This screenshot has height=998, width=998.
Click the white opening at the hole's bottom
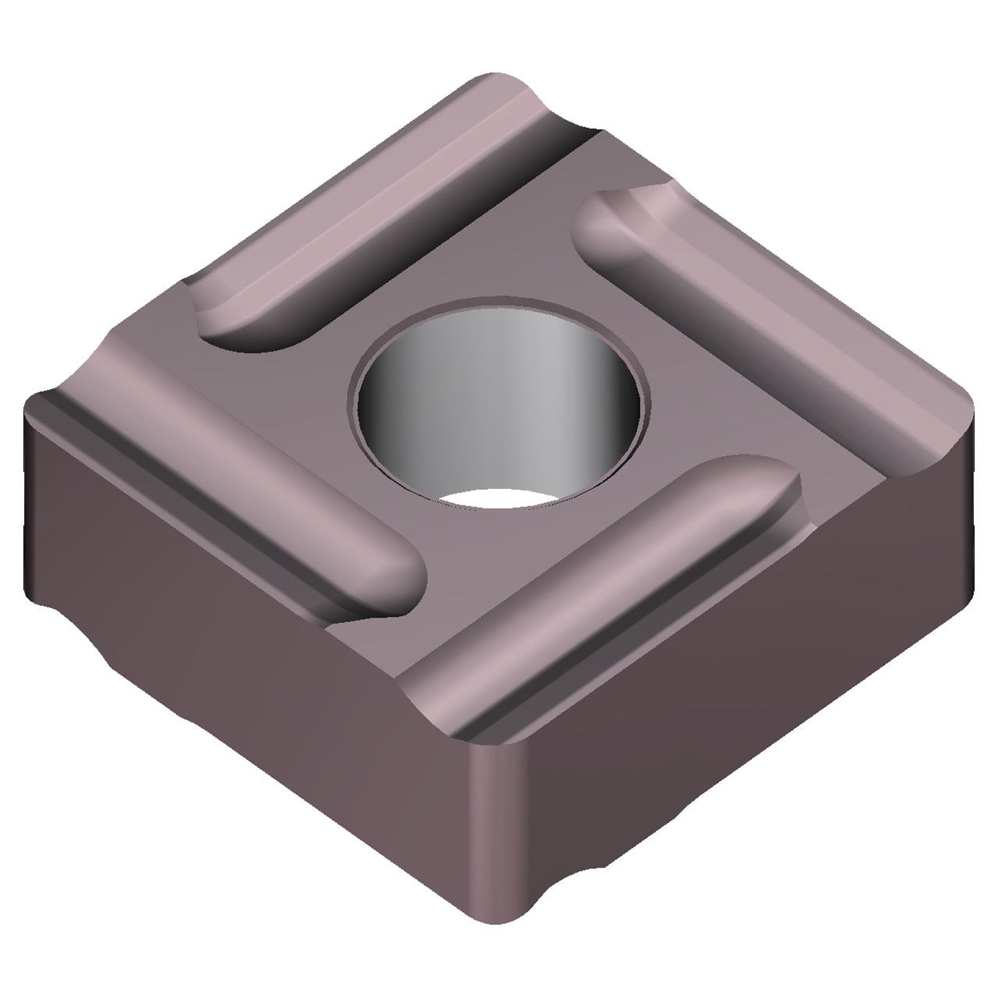pyautogui.click(x=499, y=499)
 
